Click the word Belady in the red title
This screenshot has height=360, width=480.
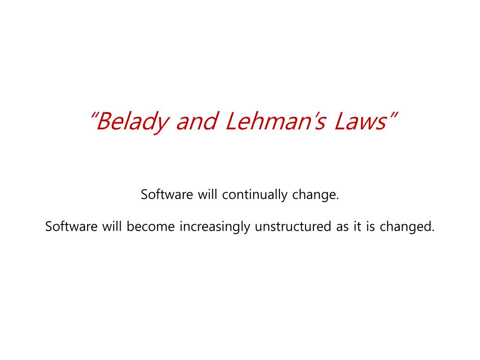pos(132,122)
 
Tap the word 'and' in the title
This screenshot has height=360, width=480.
pos(196,121)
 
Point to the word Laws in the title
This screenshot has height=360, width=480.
pos(361,121)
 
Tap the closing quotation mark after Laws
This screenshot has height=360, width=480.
pos(394,115)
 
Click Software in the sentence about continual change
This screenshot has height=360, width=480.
pos(167,195)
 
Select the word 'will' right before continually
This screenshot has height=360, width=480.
pos(207,195)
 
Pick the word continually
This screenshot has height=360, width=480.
pos(255,195)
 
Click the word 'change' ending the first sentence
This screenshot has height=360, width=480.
pos(314,195)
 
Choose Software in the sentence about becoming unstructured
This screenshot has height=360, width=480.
pos(71,226)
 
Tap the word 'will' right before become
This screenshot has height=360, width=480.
pos(112,226)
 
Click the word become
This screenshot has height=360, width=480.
pos(150,226)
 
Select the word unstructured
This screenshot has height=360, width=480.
pos(293,226)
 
